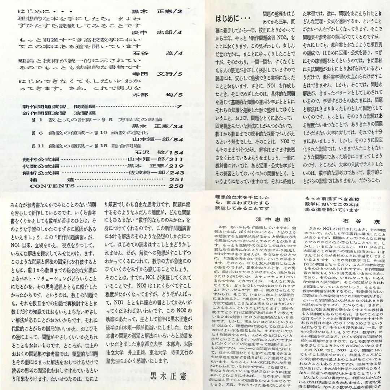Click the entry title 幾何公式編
(37, 159)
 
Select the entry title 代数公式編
(37, 166)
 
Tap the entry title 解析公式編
(37, 173)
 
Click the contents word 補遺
(52, 179)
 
